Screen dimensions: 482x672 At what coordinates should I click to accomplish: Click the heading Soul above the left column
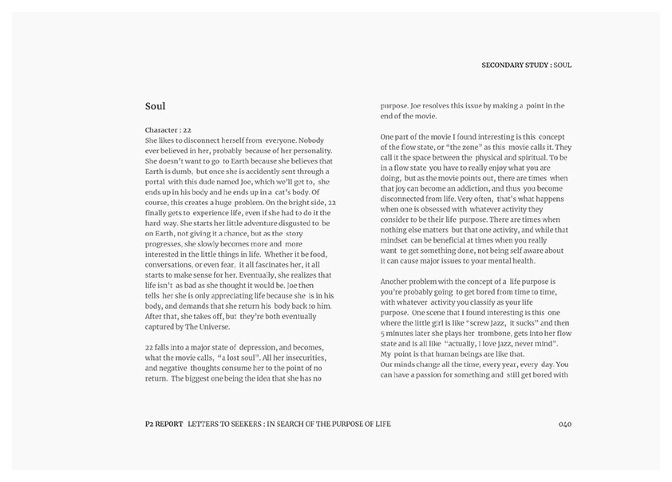point(155,106)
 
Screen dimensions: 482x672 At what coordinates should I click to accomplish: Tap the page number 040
point(564,424)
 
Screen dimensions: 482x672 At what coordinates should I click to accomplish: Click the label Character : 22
point(168,129)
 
